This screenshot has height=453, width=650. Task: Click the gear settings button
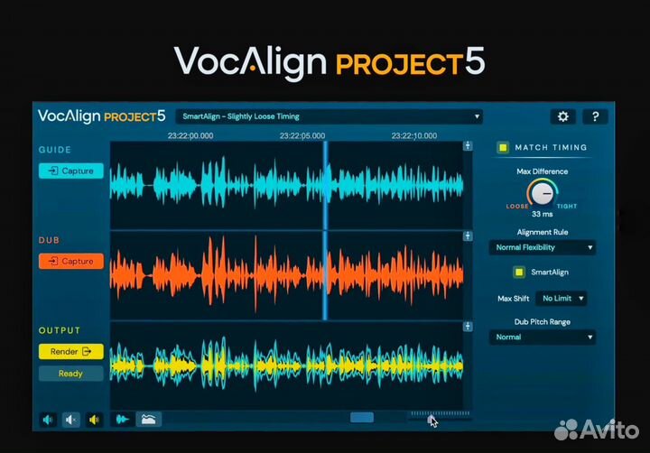tap(563, 116)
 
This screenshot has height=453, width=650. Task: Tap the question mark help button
tap(594, 116)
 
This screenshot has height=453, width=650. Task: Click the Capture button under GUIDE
tap(71, 171)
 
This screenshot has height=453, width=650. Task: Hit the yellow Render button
tap(71, 351)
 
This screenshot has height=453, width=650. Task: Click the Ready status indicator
tap(71, 373)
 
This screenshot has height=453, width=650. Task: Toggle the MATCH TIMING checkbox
tap(504, 147)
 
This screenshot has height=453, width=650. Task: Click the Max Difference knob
tap(542, 192)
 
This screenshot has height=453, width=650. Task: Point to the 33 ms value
tap(542, 214)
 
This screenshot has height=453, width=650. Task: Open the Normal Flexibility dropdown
tap(542, 247)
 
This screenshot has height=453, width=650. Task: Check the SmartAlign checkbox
tap(519, 272)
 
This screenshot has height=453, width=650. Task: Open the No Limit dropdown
tap(561, 298)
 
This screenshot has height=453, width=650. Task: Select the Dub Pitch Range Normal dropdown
tap(542, 337)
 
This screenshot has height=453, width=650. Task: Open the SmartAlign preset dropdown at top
tap(330, 116)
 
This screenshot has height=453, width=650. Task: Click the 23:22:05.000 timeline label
tap(302, 135)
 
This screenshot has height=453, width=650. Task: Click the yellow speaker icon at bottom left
tap(94, 419)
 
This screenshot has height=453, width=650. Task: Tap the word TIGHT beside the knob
tap(567, 206)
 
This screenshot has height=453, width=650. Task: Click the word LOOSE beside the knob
tap(517, 206)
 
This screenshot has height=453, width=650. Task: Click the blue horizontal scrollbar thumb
tap(362, 418)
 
